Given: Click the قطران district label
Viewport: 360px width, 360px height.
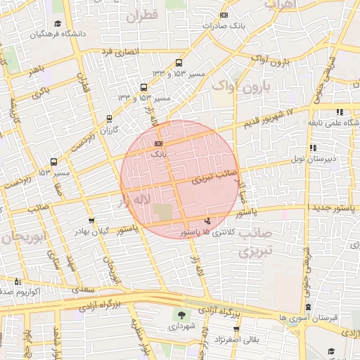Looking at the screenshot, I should point(145,14).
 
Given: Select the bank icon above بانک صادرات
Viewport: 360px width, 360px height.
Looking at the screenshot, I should point(224,15).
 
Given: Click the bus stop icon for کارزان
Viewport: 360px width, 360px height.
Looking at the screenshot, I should point(108,119).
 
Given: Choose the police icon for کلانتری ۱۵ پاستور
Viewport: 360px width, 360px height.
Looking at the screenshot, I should point(206,221).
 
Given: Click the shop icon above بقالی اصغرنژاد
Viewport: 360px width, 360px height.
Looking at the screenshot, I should point(236,328).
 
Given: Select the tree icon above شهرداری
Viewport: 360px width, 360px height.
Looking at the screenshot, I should point(183,315).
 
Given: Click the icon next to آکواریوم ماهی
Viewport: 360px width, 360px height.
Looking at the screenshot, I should point(18,281).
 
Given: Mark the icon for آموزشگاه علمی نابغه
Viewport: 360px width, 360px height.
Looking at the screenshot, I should point(340,112).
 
